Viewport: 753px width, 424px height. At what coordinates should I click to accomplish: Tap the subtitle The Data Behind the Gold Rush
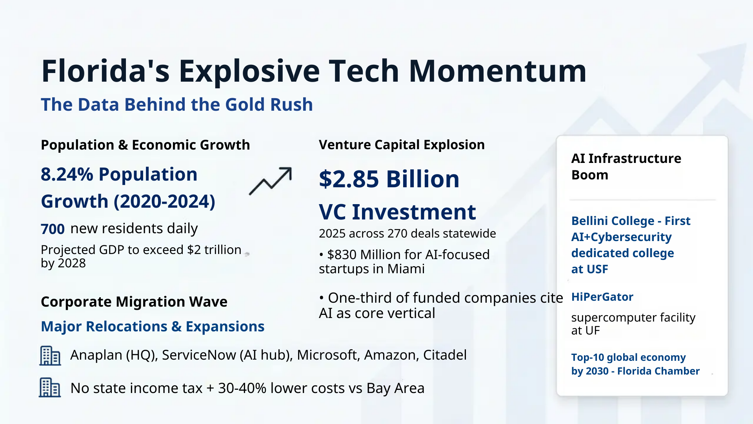pos(176,105)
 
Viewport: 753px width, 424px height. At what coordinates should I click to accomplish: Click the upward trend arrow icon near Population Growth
pos(271,181)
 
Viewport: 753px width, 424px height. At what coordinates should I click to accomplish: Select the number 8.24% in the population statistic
pos(67,174)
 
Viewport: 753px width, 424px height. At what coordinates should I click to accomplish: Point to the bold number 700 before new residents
pos(53,229)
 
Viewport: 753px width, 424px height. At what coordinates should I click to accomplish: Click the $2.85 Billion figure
pos(389,179)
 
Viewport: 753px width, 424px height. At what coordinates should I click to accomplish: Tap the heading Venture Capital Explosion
pos(402,145)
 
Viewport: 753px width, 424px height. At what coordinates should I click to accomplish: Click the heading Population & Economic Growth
pos(145,145)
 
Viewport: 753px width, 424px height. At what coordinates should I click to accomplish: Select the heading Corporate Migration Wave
pos(134,302)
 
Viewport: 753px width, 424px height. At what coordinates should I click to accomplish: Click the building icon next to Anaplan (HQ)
pos(50,356)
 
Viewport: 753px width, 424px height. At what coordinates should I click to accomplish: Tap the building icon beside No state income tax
pos(50,387)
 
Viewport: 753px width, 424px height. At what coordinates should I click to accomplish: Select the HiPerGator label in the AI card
pos(602,297)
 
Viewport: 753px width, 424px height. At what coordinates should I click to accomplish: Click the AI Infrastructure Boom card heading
pos(626,166)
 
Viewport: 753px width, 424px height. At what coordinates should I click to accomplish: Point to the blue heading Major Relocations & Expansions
pos(153,327)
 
